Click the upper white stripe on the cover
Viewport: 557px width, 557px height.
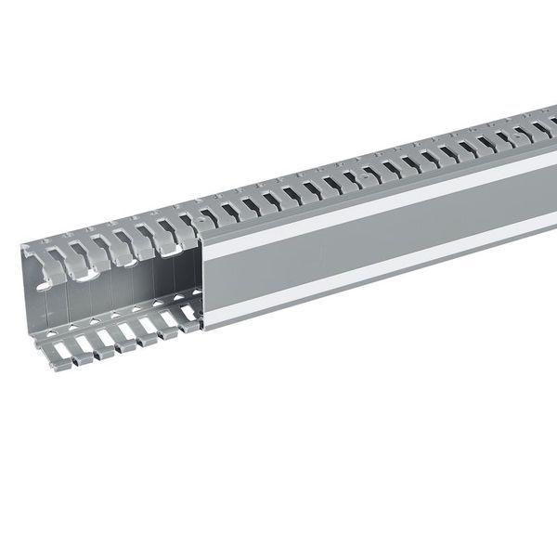(371, 209)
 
